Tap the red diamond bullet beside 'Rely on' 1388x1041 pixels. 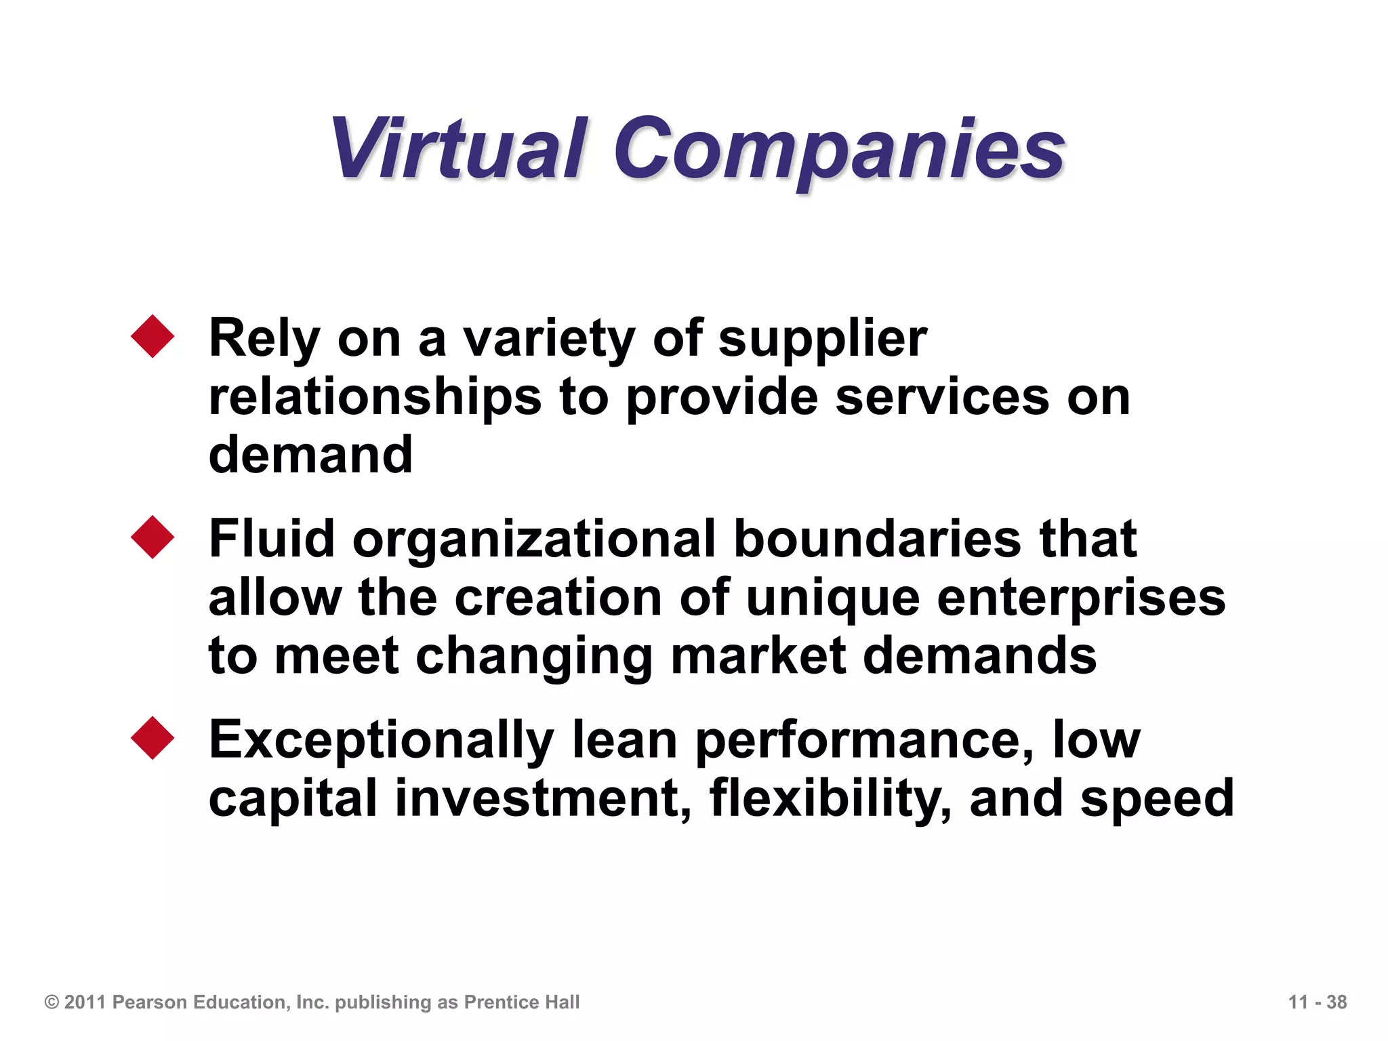(152, 336)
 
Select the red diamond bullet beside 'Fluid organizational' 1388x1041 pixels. (152, 537)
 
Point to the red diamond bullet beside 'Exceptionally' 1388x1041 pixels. (152, 738)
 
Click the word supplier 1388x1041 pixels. (822, 339)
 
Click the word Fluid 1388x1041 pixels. (272, 539)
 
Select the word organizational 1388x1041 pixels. (533, 539)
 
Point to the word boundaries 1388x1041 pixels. (877, 539)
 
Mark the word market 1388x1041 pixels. (758, 656)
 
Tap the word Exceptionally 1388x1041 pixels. (382, 741)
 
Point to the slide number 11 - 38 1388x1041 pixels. (1317, 1002)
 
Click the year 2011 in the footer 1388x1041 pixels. (85, 1002)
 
